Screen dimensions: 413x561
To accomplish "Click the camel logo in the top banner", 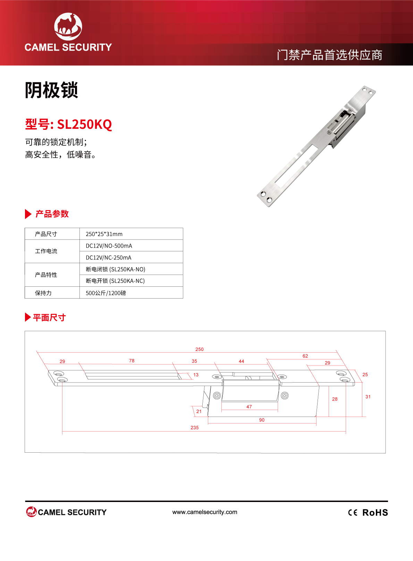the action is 68,26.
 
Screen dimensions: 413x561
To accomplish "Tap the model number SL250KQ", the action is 84,124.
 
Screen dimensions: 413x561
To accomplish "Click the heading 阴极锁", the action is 51,90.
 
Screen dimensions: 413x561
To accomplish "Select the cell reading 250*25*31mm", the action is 104,234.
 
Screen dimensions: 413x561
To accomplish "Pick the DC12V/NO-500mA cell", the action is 109,246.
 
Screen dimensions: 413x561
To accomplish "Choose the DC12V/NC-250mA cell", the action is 108,258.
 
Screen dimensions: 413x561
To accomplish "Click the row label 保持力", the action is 43,293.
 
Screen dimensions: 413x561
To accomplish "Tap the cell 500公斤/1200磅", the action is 106,293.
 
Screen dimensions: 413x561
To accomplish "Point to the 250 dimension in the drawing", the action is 200,349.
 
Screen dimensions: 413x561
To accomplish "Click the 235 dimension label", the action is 194,427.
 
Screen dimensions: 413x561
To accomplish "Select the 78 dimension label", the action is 132,361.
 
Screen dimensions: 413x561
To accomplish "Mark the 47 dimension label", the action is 249,407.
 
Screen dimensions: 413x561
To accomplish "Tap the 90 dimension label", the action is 262,420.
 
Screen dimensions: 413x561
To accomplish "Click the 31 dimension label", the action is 368,397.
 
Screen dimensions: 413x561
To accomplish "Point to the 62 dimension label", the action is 305,356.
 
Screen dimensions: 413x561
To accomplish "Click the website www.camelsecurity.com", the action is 205,512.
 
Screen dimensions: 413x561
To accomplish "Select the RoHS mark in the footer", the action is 375,512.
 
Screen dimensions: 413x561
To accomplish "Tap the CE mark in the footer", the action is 353,513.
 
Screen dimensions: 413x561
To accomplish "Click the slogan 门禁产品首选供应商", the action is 330,55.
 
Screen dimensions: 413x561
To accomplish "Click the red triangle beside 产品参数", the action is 28,214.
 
